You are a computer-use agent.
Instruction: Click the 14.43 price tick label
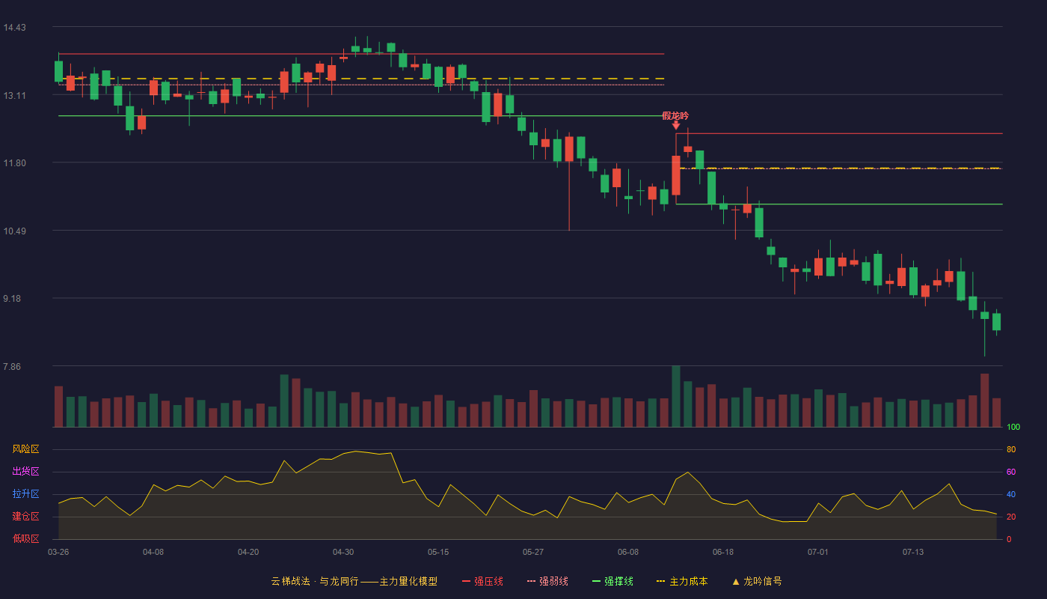[14, 28]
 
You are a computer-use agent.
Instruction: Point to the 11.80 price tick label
[14, 163]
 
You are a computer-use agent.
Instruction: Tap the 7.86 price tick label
[12, 367]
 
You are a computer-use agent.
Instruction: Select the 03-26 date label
[58, 553]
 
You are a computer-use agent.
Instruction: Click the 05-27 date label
[533, 553]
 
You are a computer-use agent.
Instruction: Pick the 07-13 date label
[913, 553]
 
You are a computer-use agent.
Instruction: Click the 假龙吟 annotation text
[675, 115]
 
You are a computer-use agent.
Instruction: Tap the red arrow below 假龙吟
[676, 125]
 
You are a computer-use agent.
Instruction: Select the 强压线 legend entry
[483, 582]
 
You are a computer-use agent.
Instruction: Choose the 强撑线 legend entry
[612, 582]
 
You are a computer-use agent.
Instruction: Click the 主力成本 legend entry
[682, 582]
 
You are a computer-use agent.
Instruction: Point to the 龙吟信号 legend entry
[757, 582]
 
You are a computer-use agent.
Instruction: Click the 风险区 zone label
[25, 449]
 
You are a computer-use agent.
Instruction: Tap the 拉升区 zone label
[25, 494]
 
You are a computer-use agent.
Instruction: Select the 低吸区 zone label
[25, 539]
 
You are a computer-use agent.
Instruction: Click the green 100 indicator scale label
[1013, 428]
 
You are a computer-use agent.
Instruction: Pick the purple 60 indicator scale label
[1011, 472]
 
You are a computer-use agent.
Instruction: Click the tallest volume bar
[676, 396]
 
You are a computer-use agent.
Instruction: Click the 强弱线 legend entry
[547, 582]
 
